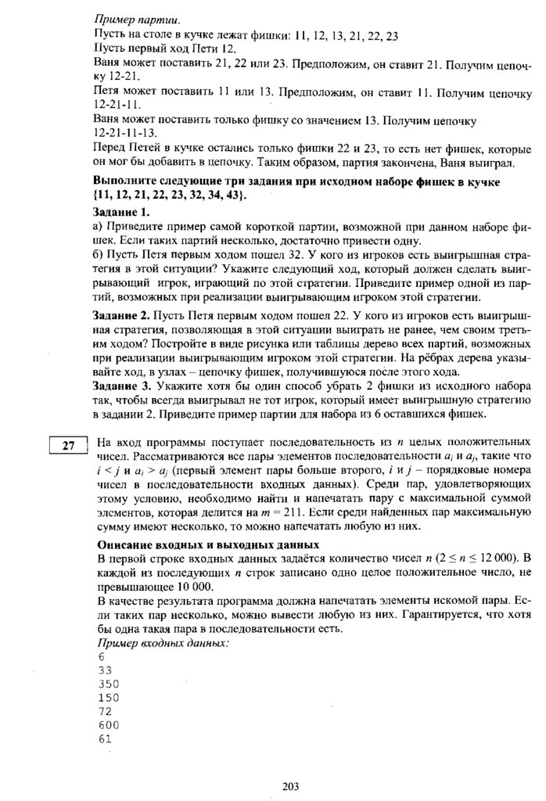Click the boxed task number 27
[68, 447]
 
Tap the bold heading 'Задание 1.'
[120, 212]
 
